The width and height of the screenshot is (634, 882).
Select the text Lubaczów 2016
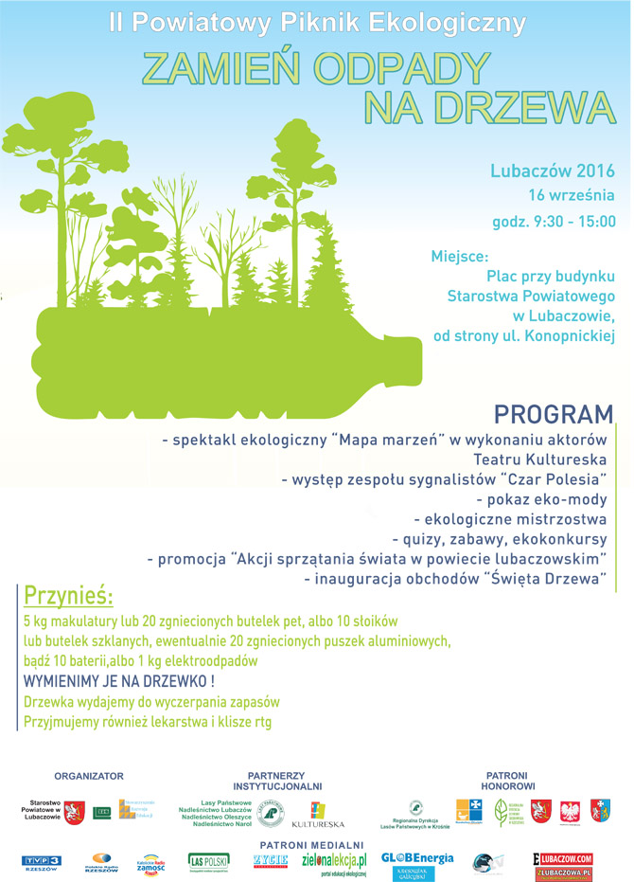(x=553, y=171)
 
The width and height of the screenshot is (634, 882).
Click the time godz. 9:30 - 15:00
(x=554, y=222)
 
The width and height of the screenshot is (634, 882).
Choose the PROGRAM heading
(x=554, y=415)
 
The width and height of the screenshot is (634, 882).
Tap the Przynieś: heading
(x=67, y=597)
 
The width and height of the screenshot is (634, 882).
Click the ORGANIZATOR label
(x=88, y=776)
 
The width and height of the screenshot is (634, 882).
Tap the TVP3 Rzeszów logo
(x=41, y=861)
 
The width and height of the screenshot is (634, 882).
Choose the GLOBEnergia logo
(x=417, y=858)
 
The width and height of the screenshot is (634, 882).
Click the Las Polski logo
(x=208, y=861)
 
